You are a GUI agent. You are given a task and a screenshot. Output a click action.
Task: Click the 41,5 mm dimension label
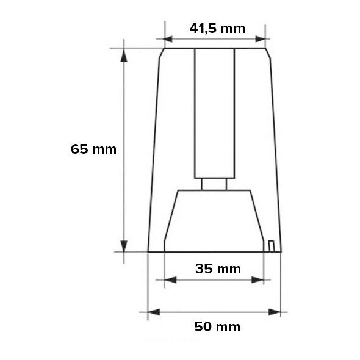pos(217,28)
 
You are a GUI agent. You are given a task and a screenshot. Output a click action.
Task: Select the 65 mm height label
pos(93,149)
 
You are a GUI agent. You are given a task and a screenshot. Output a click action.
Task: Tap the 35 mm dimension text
pos(218,268)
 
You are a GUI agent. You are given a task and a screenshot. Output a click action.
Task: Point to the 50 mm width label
pos(217,326)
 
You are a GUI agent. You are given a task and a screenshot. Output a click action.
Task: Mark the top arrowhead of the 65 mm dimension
pos(124,56)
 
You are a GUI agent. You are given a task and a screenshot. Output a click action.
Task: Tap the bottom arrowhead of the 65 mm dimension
pos(124,245)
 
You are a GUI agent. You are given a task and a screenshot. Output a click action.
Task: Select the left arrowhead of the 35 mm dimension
pos(170,280)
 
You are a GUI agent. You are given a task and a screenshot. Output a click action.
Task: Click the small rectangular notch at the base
pos(271,245)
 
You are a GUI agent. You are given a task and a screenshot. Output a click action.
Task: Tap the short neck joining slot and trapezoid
pos(214,184)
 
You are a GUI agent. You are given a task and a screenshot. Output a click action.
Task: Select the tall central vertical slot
pos(214,113)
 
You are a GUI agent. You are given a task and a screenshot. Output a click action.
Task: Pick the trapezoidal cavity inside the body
pos(214,220)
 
